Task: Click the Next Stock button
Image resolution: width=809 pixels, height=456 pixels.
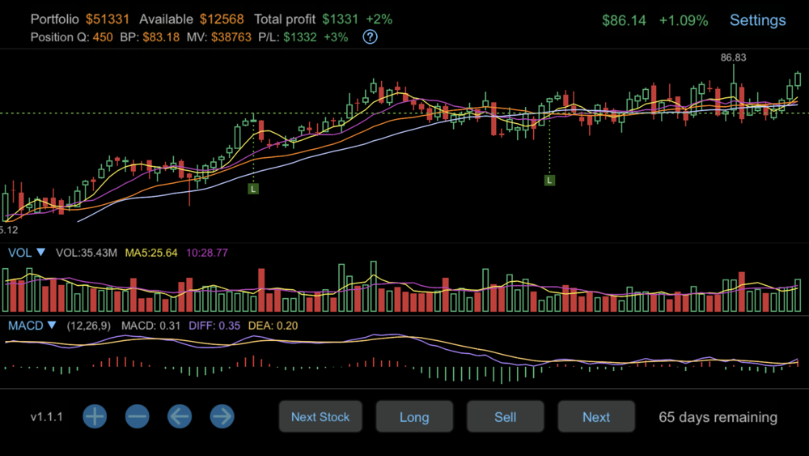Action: [320, 417]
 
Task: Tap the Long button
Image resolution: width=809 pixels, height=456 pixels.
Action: [414, 417]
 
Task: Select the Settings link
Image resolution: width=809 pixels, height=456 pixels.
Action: [757, 20]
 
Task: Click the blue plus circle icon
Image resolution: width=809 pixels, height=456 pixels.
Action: [95, 417]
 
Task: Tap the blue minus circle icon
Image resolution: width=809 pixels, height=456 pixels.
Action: [138, 417]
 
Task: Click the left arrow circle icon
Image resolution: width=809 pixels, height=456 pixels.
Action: [180, 417]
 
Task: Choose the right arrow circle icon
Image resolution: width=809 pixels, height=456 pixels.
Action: [222, 417]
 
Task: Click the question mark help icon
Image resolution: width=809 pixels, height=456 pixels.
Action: [370, 36]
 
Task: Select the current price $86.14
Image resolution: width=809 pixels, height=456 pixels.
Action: [624, 20]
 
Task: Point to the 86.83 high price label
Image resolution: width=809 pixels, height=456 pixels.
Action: [733, 58]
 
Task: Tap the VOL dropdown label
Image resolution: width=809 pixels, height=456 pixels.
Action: [27, 253]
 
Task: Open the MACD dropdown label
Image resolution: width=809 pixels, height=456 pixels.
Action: [32, 326]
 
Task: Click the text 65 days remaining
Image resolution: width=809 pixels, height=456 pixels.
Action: [718, 417]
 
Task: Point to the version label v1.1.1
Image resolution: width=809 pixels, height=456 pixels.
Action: [47, 417]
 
